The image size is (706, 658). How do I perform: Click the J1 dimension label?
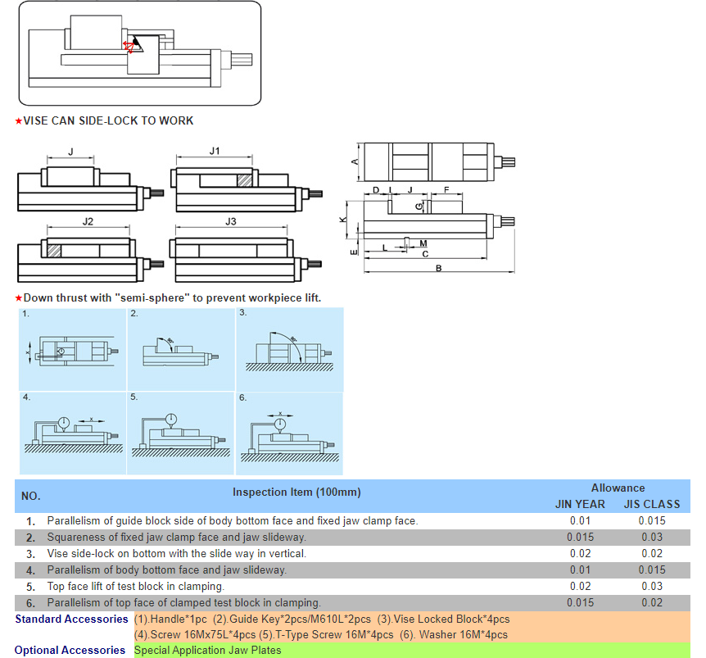215,151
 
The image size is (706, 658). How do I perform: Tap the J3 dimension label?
230,221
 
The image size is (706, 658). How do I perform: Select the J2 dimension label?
88,221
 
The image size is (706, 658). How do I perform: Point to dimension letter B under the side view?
438,269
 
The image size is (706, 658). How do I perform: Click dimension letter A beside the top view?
355,161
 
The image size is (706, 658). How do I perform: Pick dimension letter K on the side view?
343,220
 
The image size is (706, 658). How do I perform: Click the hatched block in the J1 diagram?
245,180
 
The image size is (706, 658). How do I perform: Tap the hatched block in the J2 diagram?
54,251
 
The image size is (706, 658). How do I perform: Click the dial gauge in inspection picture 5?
170,420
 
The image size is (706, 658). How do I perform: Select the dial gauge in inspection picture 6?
280,424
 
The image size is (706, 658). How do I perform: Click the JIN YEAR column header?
580,505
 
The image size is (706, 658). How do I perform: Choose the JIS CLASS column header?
652,505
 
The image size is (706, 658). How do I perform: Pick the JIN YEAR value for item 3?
580,553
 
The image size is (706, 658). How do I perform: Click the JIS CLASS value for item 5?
652,587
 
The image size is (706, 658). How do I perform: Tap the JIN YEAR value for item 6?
580,602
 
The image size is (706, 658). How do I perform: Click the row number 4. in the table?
30,570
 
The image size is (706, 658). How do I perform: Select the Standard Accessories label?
71,619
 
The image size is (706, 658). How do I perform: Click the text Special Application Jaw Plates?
207,651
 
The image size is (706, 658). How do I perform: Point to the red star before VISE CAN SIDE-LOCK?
19,121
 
